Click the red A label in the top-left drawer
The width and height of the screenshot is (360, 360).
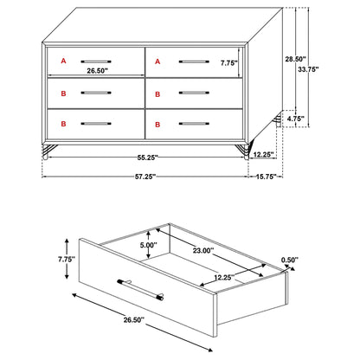click(x=62, y=61)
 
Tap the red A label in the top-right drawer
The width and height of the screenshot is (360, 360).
click(x=157, y=61)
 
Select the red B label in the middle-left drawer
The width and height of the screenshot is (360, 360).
click(x=62, y=91)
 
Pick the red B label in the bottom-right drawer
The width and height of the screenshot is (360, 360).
click(x=157, y=123)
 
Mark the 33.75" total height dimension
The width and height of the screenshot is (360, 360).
click(x=326, y=70)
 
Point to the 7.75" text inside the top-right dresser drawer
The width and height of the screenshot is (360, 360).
click(x=229, y=62)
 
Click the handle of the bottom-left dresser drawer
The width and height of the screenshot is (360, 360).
click(x=97, y=124)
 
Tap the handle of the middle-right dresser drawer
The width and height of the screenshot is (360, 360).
click(x=191, y=92)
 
